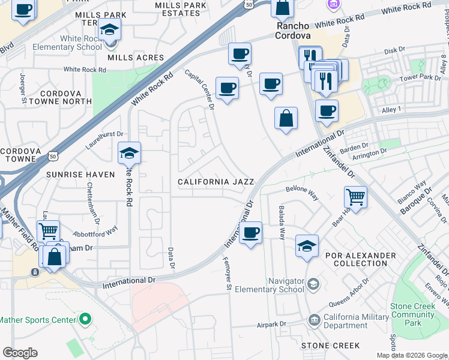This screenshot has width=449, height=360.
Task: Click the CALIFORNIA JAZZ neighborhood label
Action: coord(215,181)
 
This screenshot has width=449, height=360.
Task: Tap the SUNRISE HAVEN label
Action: coord(80,174)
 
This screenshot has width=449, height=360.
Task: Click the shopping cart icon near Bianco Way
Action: coord(356,196)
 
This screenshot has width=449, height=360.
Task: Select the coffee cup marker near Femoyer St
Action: coord(250,232)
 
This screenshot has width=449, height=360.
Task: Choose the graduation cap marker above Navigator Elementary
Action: coord(307,245)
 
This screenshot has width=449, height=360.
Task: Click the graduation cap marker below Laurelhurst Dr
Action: coord(129,154)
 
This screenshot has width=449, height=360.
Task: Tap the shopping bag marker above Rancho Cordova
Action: coord(282,8)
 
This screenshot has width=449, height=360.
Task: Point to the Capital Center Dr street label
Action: coord(200,89)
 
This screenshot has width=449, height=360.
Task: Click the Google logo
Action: coord(20,353)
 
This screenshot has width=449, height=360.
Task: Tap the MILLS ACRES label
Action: coord(131,58)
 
